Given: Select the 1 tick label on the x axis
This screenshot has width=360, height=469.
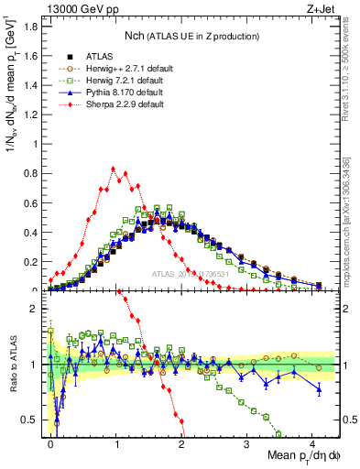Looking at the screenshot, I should click(116, 442).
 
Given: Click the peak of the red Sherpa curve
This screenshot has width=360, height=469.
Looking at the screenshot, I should click(113, 169).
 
